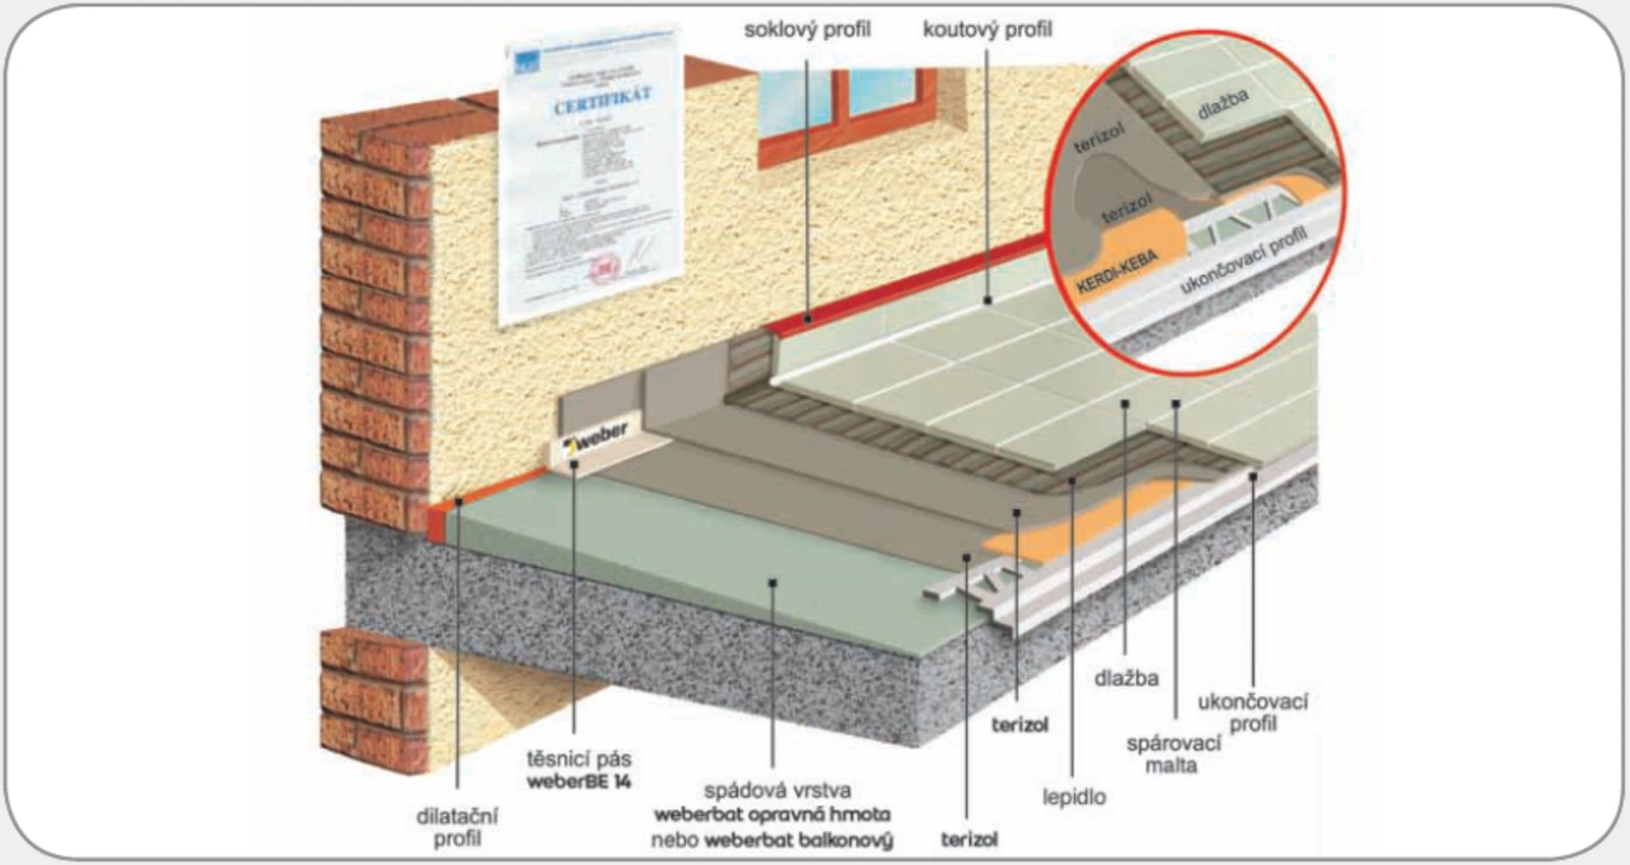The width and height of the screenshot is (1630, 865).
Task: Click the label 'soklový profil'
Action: (807, 30)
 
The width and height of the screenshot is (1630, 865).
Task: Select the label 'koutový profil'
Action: (986, 30)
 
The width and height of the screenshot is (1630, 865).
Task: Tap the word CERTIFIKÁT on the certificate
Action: (603, 100)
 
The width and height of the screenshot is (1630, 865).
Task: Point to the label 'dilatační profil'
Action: (457, 827)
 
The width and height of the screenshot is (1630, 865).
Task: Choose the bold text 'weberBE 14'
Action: (578, 782)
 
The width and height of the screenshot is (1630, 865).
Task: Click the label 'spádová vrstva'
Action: (777, 790)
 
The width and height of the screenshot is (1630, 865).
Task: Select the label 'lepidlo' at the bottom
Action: (1074, 796)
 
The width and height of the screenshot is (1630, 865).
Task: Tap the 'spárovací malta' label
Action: (1172, 754)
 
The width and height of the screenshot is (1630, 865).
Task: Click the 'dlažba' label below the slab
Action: (1126, 678)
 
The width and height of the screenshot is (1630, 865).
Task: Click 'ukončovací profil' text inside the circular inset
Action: (1243, 260)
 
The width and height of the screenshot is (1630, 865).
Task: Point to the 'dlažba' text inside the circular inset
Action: (1222, 104)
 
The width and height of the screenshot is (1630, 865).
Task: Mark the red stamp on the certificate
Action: (603, 269)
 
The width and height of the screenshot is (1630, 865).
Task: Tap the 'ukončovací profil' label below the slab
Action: (1252, 712)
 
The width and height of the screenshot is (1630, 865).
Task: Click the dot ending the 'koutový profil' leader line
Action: (987, 300)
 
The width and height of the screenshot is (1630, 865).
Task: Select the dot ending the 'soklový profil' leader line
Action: (807, 319)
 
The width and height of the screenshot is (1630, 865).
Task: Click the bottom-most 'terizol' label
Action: (969, 840)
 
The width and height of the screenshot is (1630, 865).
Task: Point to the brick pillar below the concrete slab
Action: (374, 700)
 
